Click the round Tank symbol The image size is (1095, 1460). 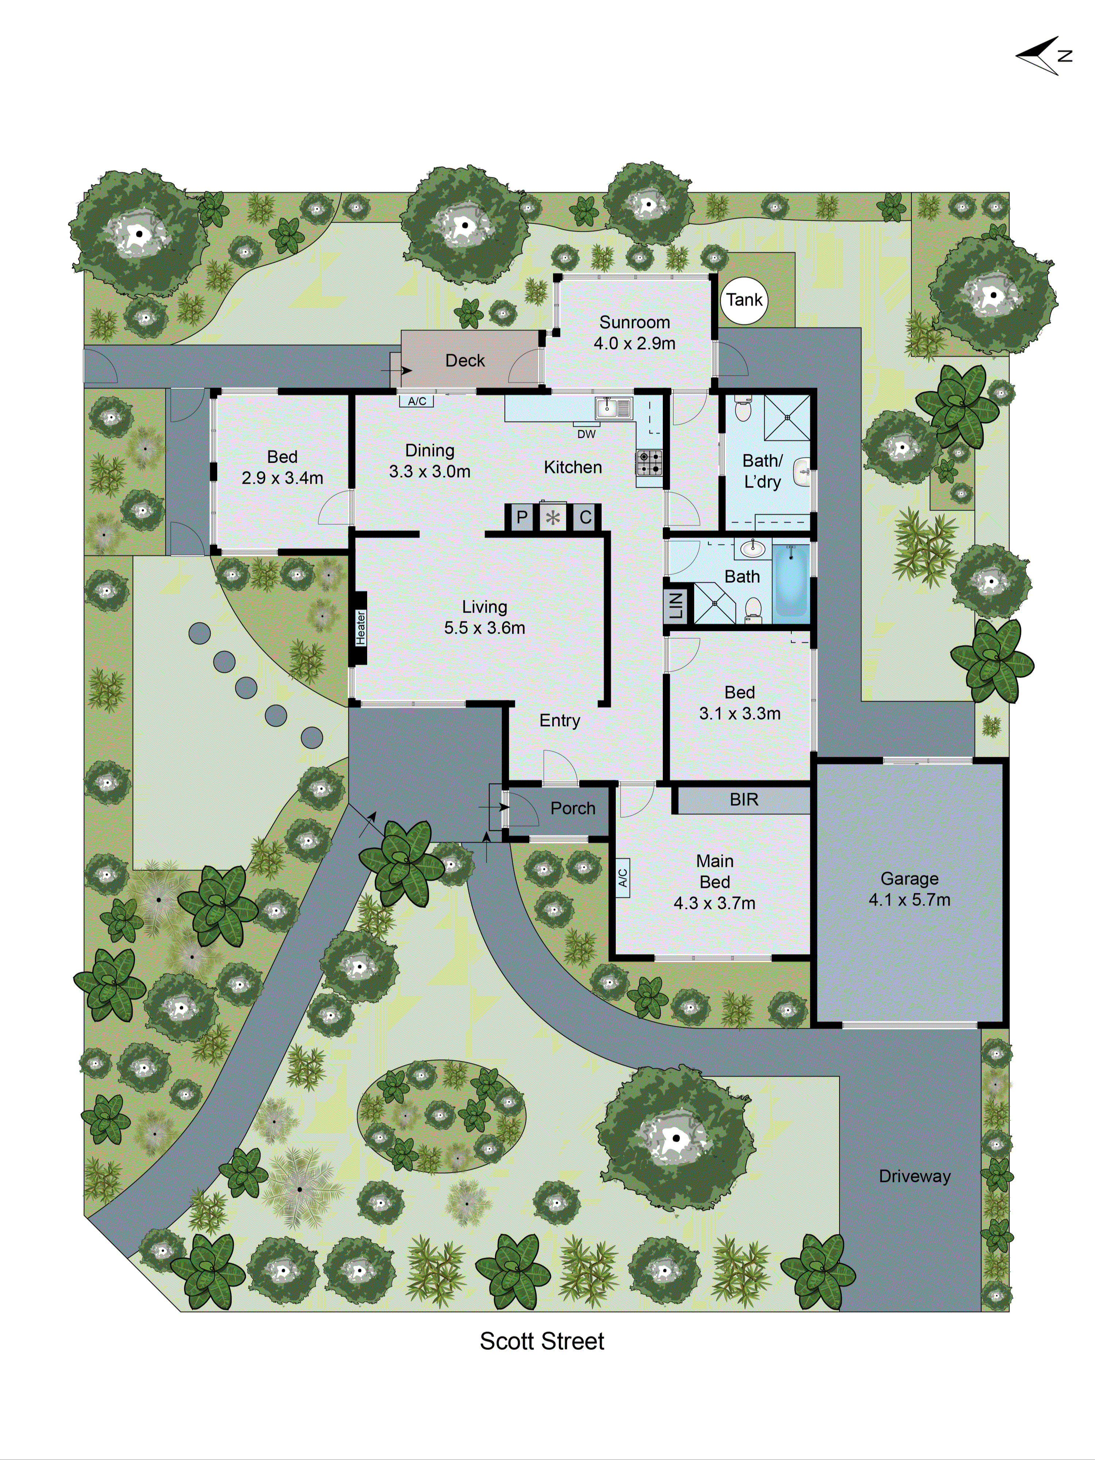744,300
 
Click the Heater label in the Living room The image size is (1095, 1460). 360,627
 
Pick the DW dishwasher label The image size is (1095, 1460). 586,434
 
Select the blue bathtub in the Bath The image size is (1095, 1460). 791,581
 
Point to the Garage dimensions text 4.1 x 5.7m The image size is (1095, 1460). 909,900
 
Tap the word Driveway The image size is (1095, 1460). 914,1176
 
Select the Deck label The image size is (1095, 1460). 465,361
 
